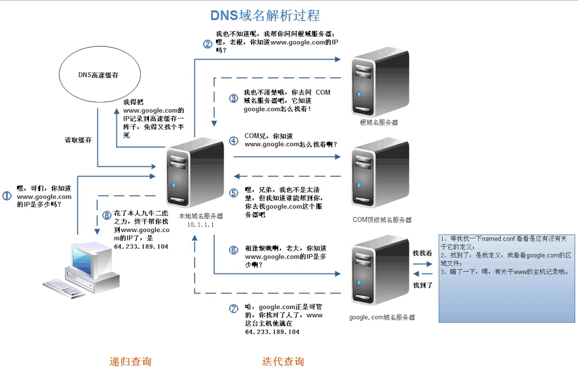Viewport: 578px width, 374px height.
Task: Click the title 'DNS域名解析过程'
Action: [265, 16]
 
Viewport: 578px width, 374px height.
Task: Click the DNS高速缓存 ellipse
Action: [100, 74]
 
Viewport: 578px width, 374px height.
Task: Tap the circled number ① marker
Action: [7, 196]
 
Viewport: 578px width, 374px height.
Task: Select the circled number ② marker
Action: [207, 44]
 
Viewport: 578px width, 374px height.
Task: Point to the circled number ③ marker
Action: [234, 98]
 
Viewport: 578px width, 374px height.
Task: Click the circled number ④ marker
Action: [234, 141]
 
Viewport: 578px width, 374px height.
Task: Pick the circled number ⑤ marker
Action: [234, 193]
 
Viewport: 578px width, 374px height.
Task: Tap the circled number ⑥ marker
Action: [234, 250]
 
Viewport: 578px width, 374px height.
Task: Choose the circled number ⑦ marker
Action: [234, 308]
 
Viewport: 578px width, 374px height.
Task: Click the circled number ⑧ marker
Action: [107, 215]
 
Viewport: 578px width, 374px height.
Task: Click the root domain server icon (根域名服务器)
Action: [380, 82]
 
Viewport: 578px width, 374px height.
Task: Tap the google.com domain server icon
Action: [380, 270]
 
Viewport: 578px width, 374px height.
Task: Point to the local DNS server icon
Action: [195, 173]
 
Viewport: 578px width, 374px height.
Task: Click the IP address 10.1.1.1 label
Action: [201, 225]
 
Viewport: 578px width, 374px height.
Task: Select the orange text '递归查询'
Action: [130, 361]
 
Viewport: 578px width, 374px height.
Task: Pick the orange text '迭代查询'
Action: [283, 361]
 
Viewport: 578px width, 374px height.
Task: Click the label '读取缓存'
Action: [78, 140]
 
